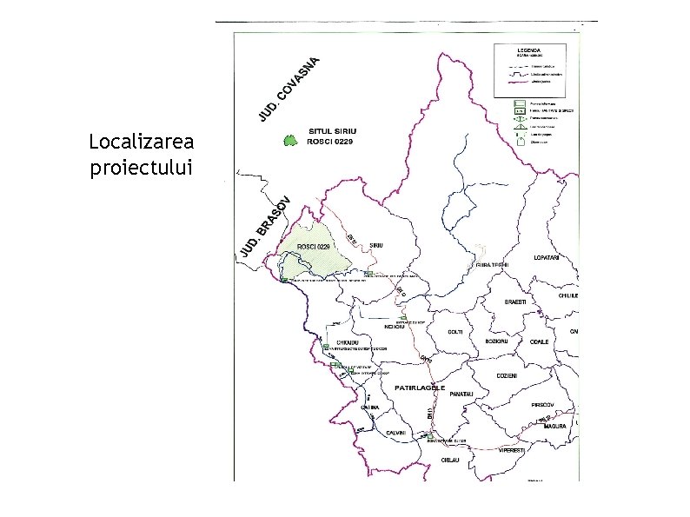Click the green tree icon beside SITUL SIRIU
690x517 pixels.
[x=289, y=140]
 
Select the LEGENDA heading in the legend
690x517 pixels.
[x=529, y=50]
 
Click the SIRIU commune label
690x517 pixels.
[x=376, y=245]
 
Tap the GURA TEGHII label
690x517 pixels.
[x=491, y=264]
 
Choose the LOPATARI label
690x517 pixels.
[x=550, y=258]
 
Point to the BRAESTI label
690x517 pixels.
[x=516, y=302]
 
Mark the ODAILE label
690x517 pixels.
[x=539, y=341]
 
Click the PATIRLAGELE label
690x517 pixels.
[x=420, y=388]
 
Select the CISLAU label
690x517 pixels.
[x=449, y=459]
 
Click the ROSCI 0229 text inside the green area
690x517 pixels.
[x=314, y=247]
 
